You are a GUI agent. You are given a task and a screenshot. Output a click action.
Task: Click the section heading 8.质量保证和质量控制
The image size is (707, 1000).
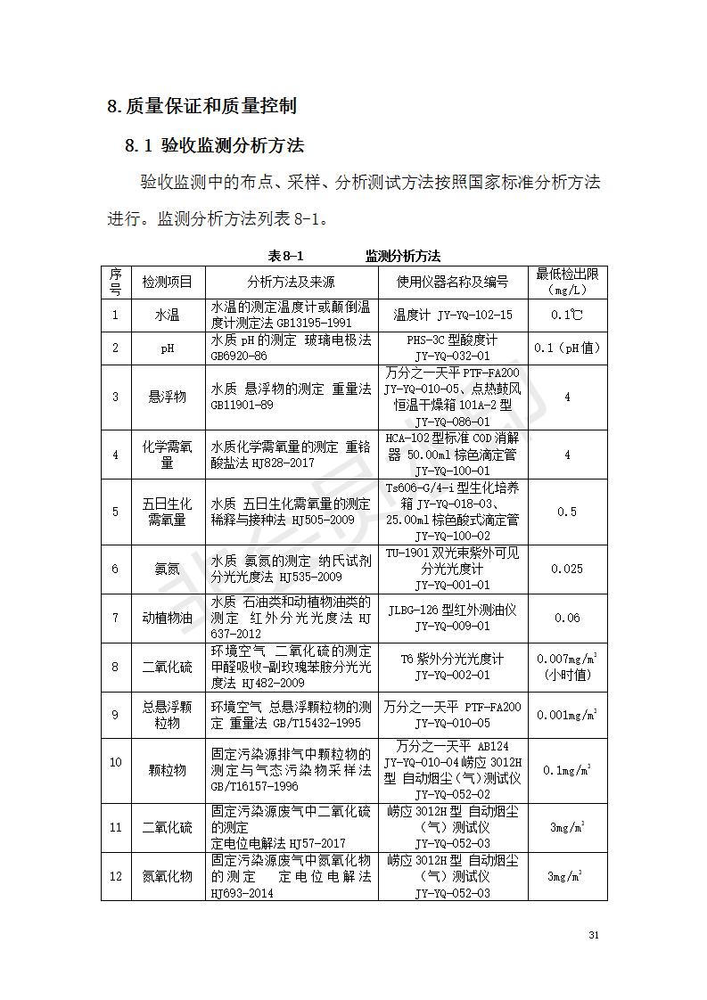tap(201, 107)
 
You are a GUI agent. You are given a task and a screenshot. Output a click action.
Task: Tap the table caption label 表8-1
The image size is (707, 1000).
tap(286, 256)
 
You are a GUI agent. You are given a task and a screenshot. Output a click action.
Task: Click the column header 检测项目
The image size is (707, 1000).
tap(168, 282)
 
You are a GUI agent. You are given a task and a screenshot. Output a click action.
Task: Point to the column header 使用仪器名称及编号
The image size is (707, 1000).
tap(452, 282)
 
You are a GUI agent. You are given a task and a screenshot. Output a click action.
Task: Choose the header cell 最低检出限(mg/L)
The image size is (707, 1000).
tap(566, 282)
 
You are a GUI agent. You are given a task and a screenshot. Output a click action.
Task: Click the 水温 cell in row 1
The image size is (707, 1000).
tap(168, 315)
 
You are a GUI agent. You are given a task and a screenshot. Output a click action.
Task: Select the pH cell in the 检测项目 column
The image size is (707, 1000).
tap(168, 348)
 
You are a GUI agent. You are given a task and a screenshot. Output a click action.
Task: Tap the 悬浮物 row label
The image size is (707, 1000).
tap(168, 397)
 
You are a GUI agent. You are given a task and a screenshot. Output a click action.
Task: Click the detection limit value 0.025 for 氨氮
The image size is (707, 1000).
tap(566, 569)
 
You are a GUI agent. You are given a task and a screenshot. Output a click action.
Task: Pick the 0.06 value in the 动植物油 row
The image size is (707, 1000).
tap(566, 618)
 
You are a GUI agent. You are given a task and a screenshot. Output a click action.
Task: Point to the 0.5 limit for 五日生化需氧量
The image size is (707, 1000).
tap(566, 512)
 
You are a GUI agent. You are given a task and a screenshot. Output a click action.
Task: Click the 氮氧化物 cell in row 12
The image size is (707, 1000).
tap(168, 876)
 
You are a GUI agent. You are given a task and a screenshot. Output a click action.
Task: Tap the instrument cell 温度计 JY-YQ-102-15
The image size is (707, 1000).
tap(452, 315)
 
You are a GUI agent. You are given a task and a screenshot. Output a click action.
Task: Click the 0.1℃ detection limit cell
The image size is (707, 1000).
tap(566, 315)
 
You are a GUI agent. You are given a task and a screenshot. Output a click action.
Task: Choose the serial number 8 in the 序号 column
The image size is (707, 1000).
tap(115, 666)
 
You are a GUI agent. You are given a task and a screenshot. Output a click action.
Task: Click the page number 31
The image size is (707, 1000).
tap(594, 935)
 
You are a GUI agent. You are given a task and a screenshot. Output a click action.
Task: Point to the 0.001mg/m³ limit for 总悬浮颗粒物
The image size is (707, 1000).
tap(566, 715)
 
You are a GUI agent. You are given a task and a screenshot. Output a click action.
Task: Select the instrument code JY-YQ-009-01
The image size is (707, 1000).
tap(452, 627)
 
